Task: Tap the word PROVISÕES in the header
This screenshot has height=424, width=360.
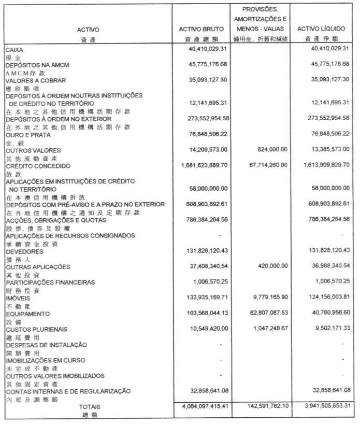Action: point(260,8)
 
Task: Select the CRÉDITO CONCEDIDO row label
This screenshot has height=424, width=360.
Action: point(37,166)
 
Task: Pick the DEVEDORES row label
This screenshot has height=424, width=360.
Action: point(24,251)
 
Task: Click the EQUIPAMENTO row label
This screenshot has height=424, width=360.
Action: point(27,314)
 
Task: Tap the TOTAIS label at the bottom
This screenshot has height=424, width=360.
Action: point(89,406)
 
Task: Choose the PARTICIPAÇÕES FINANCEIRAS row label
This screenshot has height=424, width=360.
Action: point(50,282)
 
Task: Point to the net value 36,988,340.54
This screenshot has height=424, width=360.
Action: point(326,266)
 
